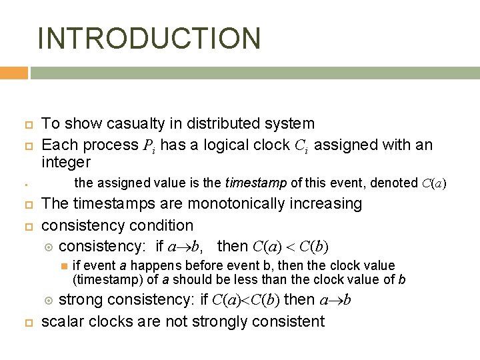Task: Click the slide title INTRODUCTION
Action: click(149, 38)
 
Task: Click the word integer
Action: click(65, 162)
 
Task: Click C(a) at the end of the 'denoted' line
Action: click(435, 183)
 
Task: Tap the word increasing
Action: click(327, 203)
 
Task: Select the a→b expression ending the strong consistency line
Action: click(337, 299)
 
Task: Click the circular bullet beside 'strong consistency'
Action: click(47, 300)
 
